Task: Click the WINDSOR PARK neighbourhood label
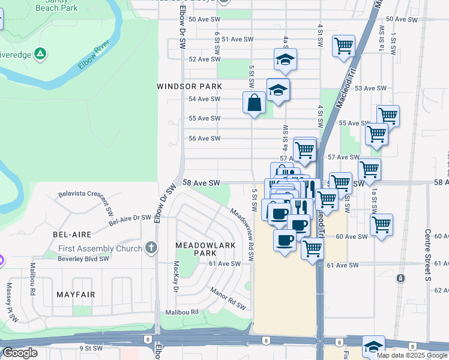[x=185, y=86]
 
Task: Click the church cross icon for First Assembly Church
[x=151, y=248]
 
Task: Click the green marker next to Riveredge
[x=40, y=54]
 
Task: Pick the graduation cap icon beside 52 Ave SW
[x=286, y=59]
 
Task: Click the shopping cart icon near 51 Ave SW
[x=343, y=46]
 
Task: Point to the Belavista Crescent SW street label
[x=86, y=203]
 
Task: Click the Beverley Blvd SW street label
[x=83, y=259]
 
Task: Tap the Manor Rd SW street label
[x=229, y=298]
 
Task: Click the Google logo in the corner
[x=20, y=353]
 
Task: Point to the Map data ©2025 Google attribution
[x=412, y=355]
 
